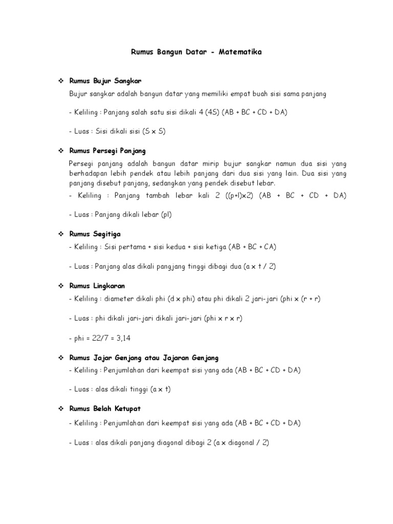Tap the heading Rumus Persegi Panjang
[x=107, y=151]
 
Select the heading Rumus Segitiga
[x=93, y=233]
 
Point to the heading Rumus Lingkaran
[x=95, y=286]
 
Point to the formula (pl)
[x=166, y=214]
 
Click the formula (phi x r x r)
[x=223, y=318]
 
